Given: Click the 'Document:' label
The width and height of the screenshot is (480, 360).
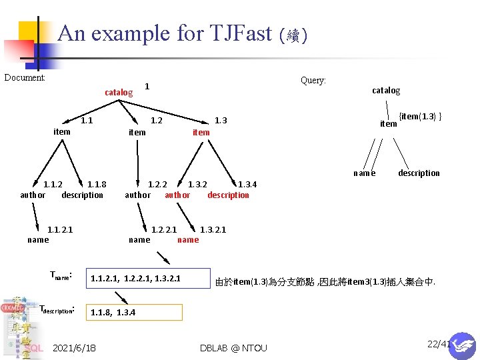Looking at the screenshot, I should [x=25, y=77].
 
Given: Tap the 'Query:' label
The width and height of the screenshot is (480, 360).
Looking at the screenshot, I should [x=313, y=81].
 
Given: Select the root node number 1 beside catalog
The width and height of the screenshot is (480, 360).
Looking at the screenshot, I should [x=147, y=86].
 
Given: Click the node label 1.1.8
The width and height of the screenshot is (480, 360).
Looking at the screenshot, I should [x=97, y=184].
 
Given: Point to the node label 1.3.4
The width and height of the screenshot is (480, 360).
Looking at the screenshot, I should [x=247, y=184].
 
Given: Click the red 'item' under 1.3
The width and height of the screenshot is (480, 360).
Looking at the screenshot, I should [x=201, y=132].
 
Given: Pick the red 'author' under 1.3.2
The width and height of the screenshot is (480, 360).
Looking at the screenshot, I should [x=177, y=195].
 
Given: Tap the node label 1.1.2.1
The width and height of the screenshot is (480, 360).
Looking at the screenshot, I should [x=60, y=229].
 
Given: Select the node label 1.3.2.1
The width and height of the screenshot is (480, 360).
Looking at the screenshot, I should [x=213, y=229].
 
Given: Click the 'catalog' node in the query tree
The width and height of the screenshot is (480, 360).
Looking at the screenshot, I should [x=386, y=90].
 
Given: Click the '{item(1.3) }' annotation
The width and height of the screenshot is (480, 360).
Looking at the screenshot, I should [x=420, y=117].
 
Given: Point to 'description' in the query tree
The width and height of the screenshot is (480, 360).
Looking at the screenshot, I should [x=419, y=173].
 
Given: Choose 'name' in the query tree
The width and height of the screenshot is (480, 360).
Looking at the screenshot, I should [x=365, y=173].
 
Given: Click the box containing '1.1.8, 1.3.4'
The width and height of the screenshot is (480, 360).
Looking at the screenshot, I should [x=135, y=312].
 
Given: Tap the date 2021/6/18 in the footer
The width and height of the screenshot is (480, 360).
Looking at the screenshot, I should [x=74, y=348].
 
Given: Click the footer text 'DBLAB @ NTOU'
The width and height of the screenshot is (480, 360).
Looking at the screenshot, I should [x=233, y=348].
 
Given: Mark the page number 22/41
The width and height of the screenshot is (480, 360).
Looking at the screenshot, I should [x=439, y=344].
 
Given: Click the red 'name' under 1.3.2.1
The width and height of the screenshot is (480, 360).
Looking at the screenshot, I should [x=188, y=240].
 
